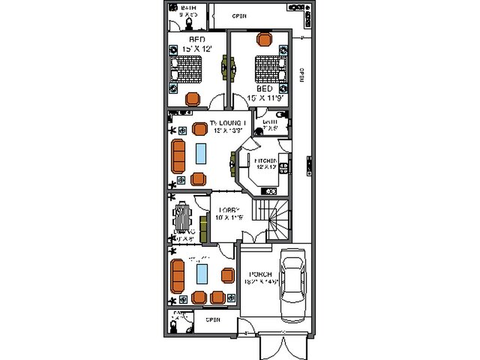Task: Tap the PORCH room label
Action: [x=260, y=274]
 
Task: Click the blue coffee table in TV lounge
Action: [x=201, y=153]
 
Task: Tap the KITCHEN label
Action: [x=265, y=161]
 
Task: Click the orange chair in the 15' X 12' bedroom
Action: [x=193, y=98]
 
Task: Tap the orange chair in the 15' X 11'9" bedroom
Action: [x=263, y=39]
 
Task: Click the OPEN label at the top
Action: [x=239, y=16]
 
